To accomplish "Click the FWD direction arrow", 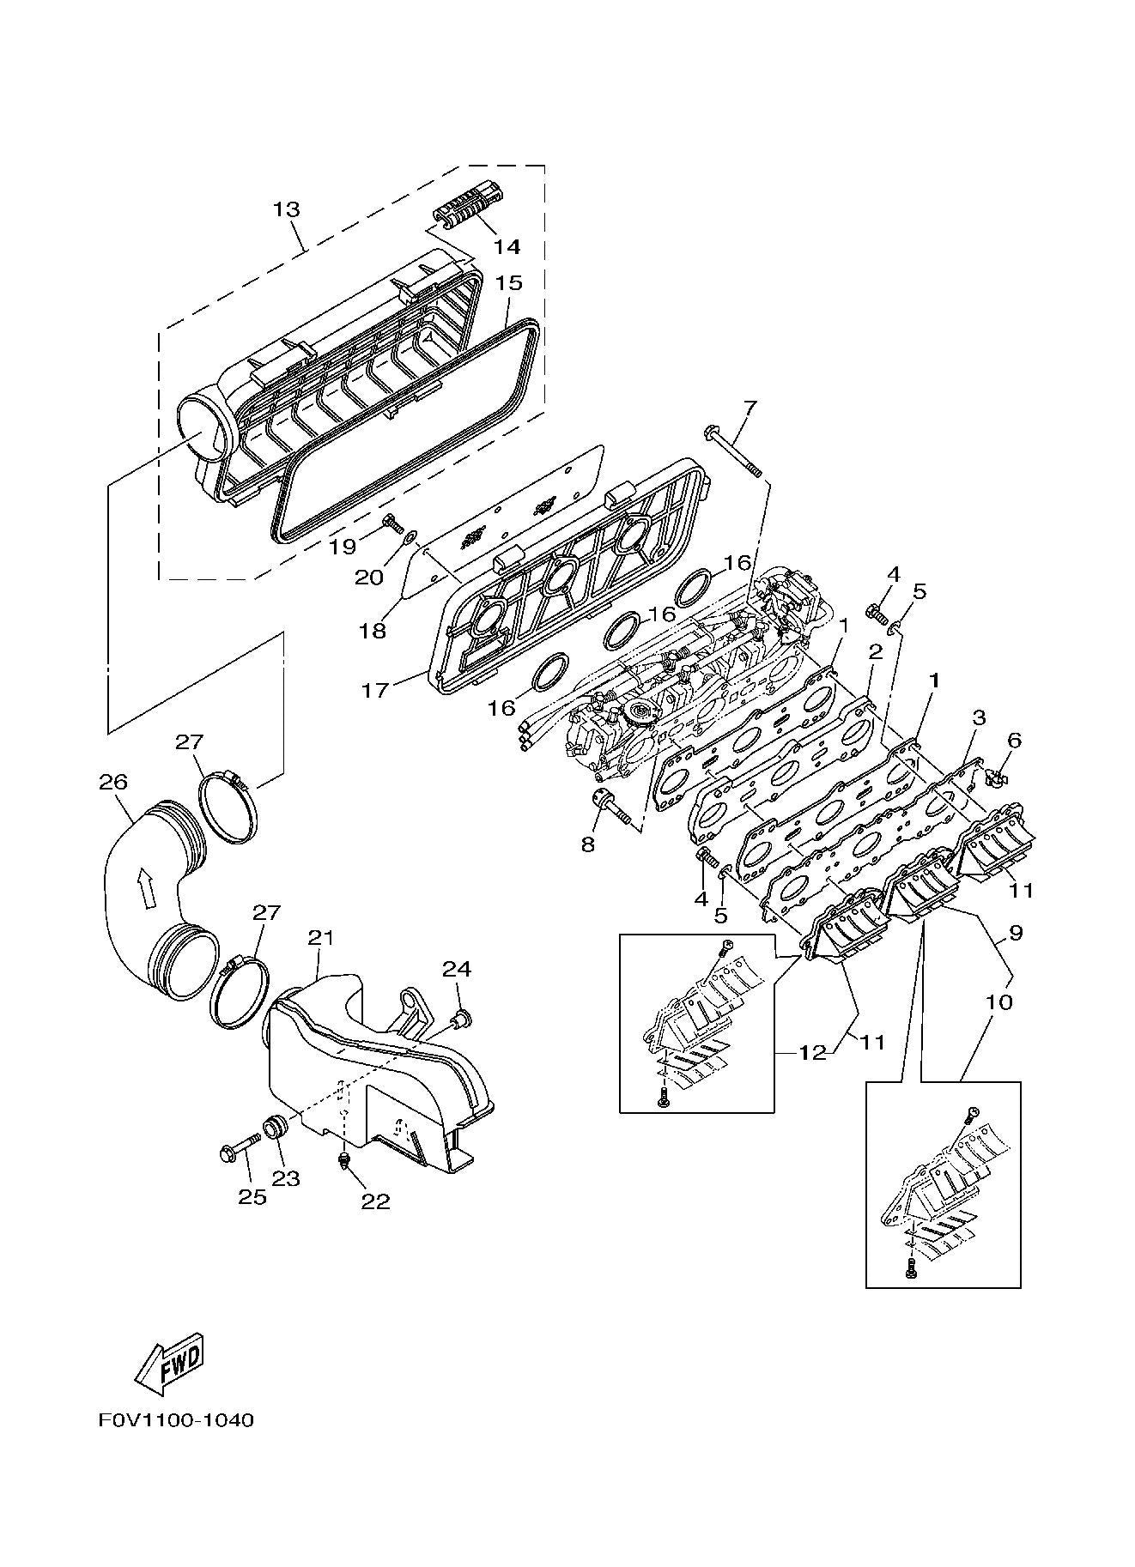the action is tap(170, 1363).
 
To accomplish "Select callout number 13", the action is tap(288, 208).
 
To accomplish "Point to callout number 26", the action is tap(113, 782).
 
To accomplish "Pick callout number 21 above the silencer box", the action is tap(320, 937).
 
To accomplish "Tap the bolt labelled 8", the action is tap(616, 808).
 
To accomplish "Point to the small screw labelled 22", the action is tap(344, 1162).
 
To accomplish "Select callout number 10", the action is tap(999, 1001).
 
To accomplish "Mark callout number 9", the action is tap(1016, 933).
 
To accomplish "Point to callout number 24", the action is tap(457, 969).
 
